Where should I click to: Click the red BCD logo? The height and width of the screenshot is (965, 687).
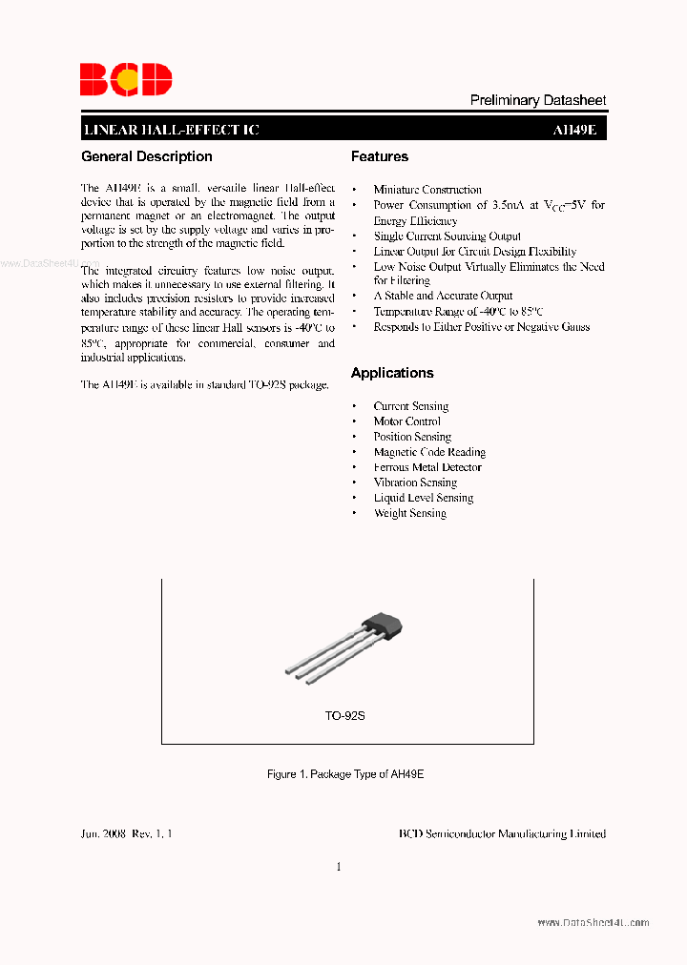coord(125,79)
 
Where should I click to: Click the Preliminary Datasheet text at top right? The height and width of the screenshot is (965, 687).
coord(538,100)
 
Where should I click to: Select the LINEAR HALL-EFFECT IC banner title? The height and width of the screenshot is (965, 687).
coord(171,131)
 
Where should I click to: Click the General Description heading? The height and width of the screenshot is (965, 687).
coord(147,156)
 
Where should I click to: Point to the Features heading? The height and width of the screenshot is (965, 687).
coord(379,156)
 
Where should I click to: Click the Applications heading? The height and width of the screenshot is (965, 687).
coord(392,373)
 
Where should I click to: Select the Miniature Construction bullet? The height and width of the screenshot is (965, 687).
coord(427,190)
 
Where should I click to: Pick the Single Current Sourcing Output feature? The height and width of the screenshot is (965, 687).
coord(447,236)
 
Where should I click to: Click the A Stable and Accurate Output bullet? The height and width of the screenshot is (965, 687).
coord(443,296)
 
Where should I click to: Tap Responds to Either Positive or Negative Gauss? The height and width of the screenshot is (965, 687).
coord(481,327)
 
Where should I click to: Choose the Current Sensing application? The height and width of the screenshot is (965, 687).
coord(410,406)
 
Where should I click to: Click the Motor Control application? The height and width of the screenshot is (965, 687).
coord(406,421)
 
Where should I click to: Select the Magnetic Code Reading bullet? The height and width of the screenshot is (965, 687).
coord(429,452)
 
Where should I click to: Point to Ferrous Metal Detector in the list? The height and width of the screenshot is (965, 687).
coord(427,467)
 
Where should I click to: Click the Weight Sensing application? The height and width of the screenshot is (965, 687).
coord(409,513)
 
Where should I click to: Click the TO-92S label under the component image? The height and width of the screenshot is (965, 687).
coord(344,715)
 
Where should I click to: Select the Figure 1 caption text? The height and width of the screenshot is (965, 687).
coord(344,774)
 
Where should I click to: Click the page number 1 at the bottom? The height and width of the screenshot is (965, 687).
coord(339,867)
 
